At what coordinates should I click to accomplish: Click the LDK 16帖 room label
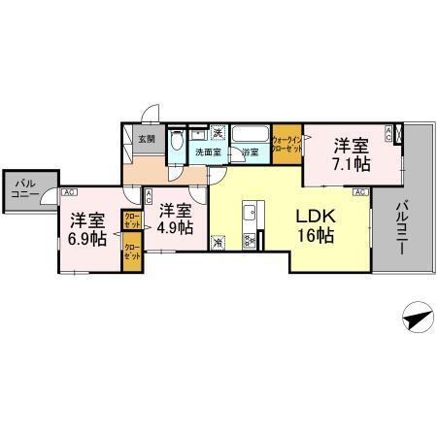point(317,225)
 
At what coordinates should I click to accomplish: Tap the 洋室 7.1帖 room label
point(352,155)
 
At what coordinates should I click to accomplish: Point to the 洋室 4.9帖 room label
point(175,218)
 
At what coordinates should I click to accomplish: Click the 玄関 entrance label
point(146,139)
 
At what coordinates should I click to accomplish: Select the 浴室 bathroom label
point(250,152)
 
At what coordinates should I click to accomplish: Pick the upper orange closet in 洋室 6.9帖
point(130,219)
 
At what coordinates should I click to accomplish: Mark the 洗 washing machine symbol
point(218,133)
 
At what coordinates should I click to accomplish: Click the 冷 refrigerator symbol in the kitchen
point(218,243)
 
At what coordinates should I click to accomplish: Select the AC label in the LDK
point(358,193)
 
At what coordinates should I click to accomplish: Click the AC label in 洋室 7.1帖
point(390,130)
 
